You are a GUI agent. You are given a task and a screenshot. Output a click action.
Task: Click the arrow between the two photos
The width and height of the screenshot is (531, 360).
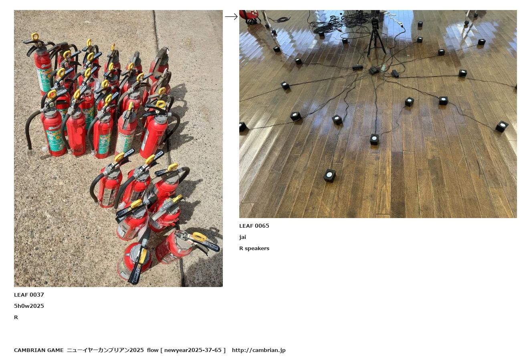[x=231, y=16]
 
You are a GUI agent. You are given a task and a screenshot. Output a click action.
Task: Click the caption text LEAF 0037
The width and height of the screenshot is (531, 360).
[x=29, y=295]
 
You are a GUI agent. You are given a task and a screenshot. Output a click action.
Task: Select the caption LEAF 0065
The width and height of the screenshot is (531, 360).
[x=254, y=226]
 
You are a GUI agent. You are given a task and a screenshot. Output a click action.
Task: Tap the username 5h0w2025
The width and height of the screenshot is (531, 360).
[x=29, y=306]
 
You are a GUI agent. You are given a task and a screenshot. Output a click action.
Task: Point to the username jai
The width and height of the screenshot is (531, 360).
[x=242, y=237]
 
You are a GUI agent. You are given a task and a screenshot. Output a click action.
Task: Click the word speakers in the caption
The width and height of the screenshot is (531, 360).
[x=257, y=249]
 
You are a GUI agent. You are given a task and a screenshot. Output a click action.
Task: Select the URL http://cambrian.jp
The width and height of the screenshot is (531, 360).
[x=258, y=350]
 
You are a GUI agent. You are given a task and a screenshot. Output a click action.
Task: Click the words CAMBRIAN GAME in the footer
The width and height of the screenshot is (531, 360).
[x=38, y=350]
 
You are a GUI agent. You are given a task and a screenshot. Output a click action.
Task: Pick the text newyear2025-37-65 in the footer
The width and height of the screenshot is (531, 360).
[x=193, y=350]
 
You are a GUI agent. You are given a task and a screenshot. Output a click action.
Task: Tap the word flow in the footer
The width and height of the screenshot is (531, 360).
[x=153, y=350]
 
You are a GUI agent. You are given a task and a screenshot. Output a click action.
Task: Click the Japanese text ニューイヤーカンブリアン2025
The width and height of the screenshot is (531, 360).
[x=105, y=350]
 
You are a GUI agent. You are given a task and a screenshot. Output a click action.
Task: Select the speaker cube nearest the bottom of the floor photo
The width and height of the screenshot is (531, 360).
[x=329, y=176]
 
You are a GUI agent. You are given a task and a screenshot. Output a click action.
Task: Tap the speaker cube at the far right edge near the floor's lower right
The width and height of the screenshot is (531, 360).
[x=502, y=126]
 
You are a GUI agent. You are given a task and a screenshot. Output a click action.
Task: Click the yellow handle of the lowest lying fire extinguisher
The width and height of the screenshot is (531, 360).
[x=143, y=256]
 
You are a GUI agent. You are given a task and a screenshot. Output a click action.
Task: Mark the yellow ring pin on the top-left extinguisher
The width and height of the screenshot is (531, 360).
[x=34, y=37]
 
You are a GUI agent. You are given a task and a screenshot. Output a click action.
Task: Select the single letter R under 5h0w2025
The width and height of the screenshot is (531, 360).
[x=16, y=318]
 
